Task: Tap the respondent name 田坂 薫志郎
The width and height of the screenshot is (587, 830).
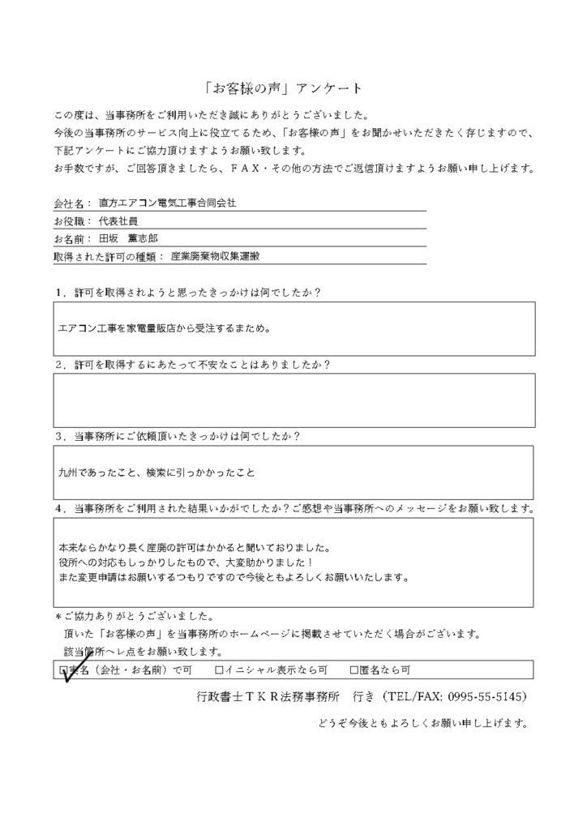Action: [x=133, y=239]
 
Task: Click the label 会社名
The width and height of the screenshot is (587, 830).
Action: [x=71, y=204]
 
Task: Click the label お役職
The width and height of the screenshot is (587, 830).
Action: [x=71, y=221]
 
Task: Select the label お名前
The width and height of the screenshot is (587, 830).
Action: [x=71, y=239]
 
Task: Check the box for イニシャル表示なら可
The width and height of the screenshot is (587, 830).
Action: [x=219, y=670]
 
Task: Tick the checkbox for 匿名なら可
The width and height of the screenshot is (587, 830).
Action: [x=353, y=670]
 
